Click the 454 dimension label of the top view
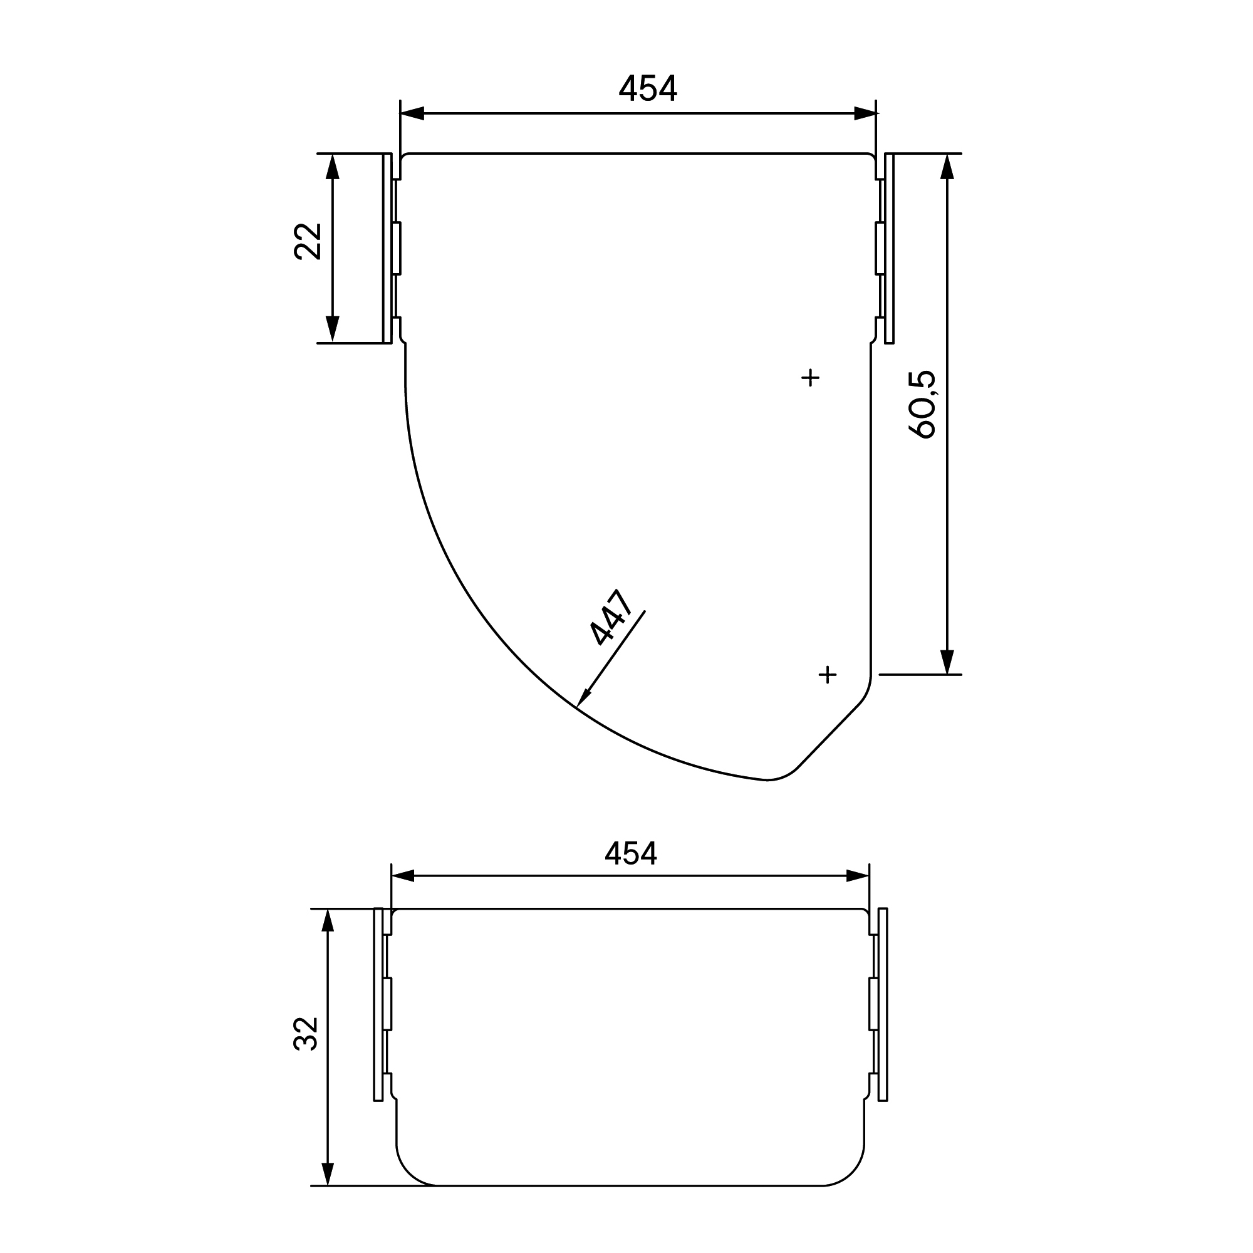648,89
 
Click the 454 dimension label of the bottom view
630,853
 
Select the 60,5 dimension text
923,405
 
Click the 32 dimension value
307,1034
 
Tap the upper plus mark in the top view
811,377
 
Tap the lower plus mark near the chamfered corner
828,675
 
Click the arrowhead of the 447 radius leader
583,698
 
